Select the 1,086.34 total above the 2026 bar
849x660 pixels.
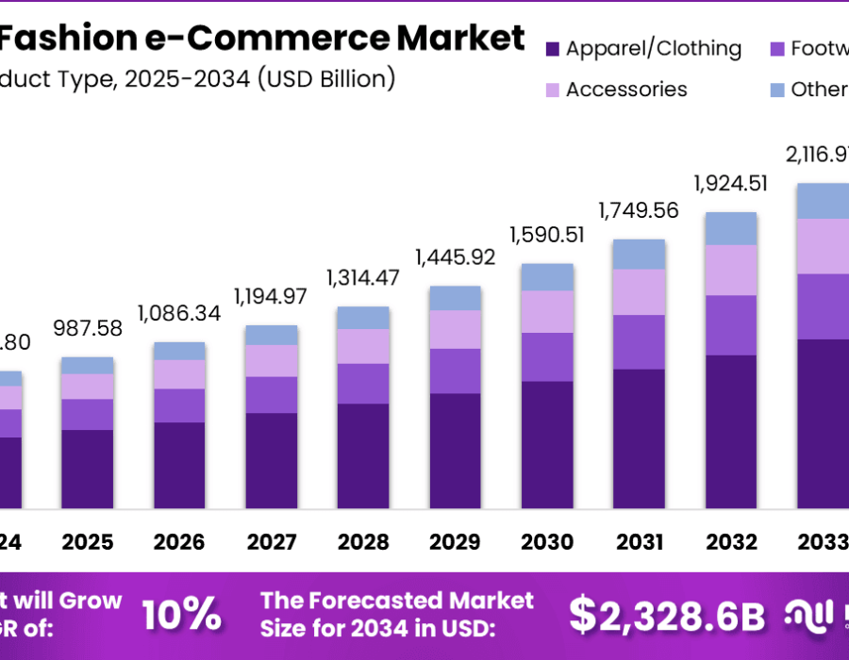click(x=179, y=312)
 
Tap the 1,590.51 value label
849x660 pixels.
click(x=547, y=234)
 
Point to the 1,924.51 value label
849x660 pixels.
click(x=731, y=182)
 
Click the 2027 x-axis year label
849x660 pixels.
click(x=271, y=542)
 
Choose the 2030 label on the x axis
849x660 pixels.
click(x=547, y=542)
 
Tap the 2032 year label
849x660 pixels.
click(x=731, y=542)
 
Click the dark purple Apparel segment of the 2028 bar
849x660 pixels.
click(x=363, y=456)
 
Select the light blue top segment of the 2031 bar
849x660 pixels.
click(x=639, y=254)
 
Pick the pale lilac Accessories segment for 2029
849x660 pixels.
click(x=455, y=329)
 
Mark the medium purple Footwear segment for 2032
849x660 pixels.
click(x=731, y=325)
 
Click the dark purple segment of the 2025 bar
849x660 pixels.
click(x=88, y=470)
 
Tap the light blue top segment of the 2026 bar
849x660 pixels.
click(x=179, y=351)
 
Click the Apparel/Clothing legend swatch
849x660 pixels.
click(x=552, y=49)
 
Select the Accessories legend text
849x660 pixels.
click(x=626, y=90)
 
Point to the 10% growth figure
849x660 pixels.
click(x=181, y=615)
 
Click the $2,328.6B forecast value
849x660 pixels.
click(x=667, y=615)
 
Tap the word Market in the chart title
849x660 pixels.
click(x=460, y=38)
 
